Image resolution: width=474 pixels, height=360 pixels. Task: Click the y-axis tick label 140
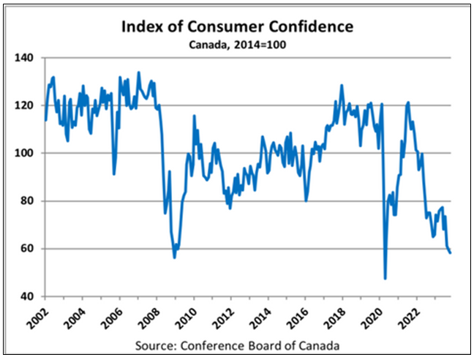tap(27, 57)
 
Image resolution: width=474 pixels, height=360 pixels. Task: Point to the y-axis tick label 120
tap(27, 105)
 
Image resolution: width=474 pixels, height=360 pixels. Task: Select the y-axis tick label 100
tap(27, 153)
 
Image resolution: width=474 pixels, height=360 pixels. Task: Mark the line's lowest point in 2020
tap(385, 279)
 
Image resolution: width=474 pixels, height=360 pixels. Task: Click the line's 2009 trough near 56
tap(174, 257)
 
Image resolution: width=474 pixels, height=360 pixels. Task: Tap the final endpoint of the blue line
tap(451, 252)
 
